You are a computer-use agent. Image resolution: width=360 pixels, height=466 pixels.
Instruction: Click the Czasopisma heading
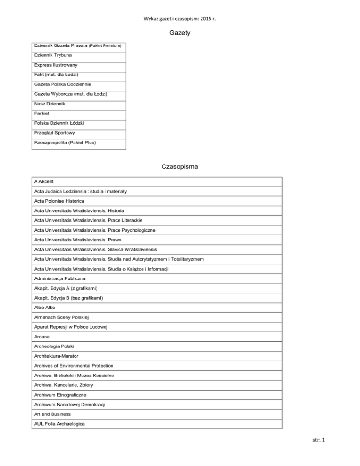[x=180, y=166]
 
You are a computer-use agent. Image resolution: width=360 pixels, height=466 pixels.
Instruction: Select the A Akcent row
[x=47, y=180]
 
